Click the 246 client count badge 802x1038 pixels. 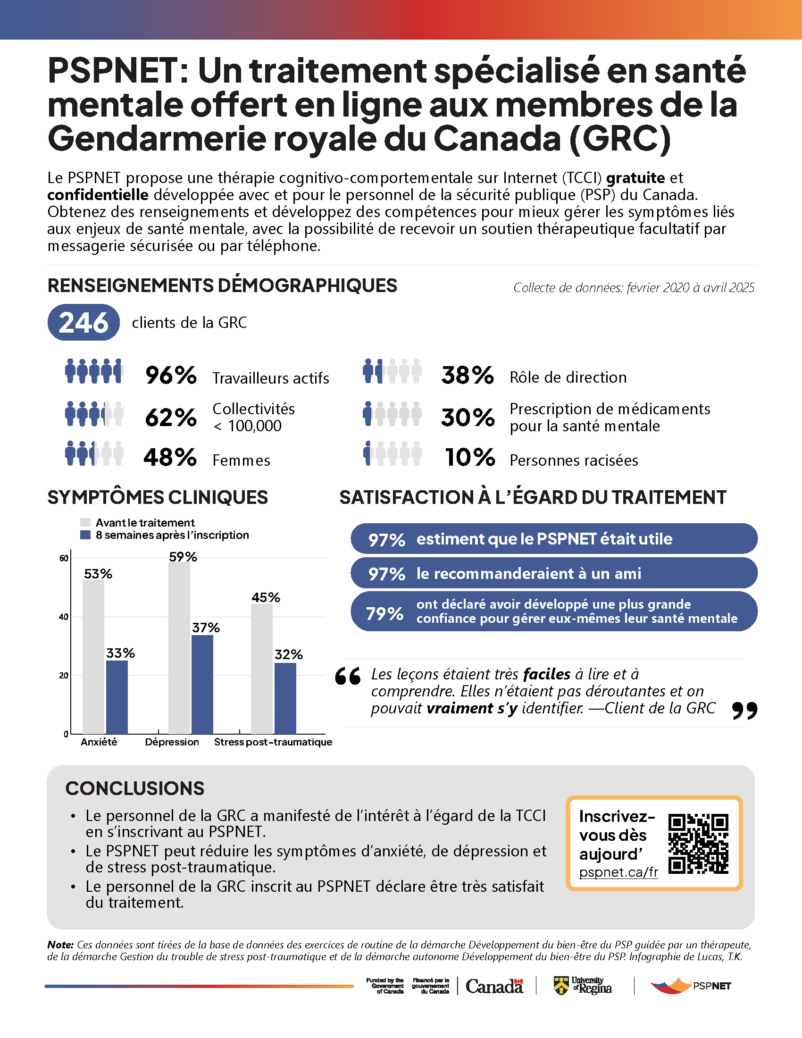pos(83,322)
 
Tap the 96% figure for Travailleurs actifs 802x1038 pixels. pos(171,375)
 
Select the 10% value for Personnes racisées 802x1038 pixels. pos(469,457)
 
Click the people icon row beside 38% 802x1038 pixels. pos(392,371)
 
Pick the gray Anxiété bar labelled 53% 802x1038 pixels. pos(93,656)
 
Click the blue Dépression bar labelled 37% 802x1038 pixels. pos(202,685)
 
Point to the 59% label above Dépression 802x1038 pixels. pos(183,557)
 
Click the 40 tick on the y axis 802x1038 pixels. pos(64,617)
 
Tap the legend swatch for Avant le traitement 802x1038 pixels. pos(85,522)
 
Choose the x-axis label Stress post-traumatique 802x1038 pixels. pos(273,742)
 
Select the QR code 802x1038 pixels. pos(698,844)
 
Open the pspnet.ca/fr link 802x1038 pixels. pos(618,872)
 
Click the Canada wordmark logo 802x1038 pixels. pos(494,986)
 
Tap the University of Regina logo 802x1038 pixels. pos(583,986)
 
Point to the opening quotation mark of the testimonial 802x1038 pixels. pos(348,676)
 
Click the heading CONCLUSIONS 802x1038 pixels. pos(135,788)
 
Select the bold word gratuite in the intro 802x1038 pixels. pos(636,177)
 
